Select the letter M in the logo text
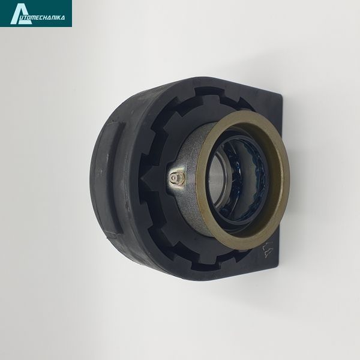pyautogui.click(x=38, y=17)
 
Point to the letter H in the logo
pyautogui.click(x=50, y=17)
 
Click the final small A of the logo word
pyautogui.click(x=64, y=17)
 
